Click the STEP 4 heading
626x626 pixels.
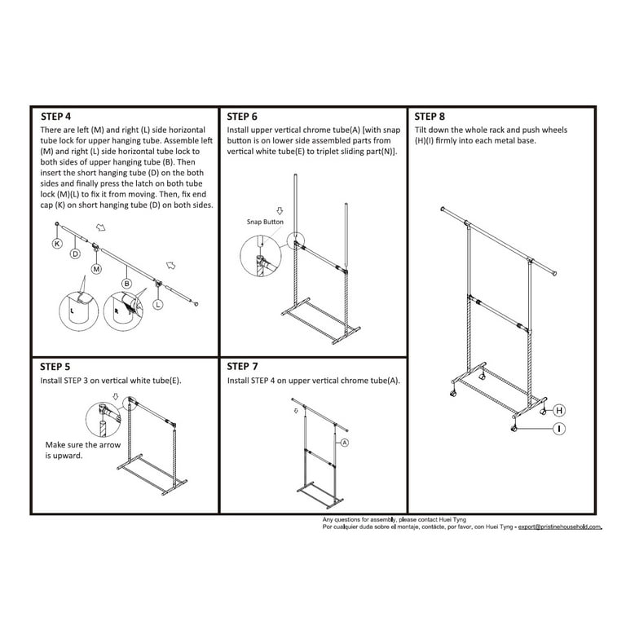tap(61, 117)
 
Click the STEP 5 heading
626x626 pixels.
tap(61, 367)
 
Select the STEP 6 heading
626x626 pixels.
tap(248, 117)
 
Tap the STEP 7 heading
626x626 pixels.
tap(248, 367)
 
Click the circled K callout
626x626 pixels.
tap(56, 244)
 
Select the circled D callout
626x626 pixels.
tap(74, 254)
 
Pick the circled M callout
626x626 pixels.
tap(96, 268)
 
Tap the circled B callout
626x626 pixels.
tap(127, 283)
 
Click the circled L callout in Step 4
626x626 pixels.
tap(157, 303)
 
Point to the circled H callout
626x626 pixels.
tap(560, 410)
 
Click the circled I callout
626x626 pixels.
tap(560, 428)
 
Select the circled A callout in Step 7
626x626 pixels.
tap(344, 443)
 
